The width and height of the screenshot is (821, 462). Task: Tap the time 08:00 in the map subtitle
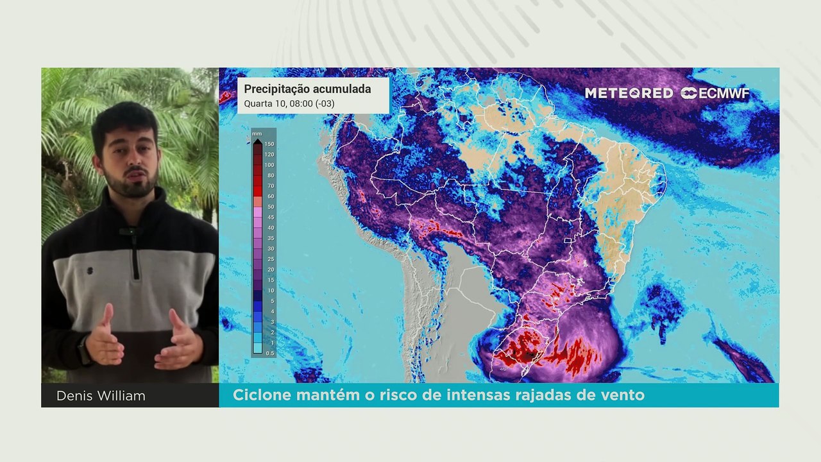click(305, 103)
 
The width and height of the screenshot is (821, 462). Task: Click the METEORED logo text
click(629, 93)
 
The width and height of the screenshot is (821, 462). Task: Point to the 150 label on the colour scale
click(269, 144)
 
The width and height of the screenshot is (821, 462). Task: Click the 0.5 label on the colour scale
click(269, 354)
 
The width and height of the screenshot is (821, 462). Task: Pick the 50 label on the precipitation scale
click(270, 207)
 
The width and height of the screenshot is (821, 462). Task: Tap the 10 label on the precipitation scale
click(270, 291)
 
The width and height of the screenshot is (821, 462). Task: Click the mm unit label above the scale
click(257, 133)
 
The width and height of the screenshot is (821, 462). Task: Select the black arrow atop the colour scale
click(257, 141)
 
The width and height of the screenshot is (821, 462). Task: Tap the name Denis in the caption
click(74, 396)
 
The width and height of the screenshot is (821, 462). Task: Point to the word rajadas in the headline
click(541, 395)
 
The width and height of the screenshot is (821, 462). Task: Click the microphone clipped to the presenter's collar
click(130, 231)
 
